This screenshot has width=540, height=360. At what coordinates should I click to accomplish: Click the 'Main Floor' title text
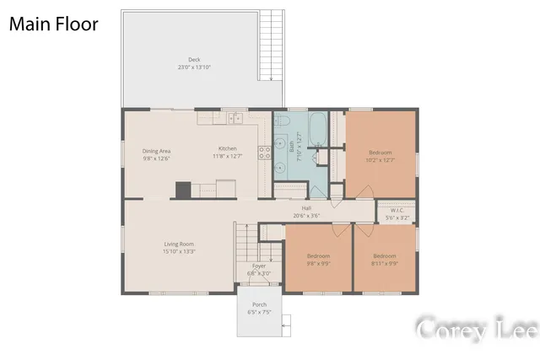click(x=53, y=24)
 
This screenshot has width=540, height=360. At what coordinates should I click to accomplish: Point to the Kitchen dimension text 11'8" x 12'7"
click(x=228, y=157)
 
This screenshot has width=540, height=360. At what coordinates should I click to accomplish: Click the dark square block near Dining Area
click(x=183, y=191)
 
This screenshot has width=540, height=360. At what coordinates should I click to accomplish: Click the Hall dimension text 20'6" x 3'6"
click(x=307, y=215)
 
